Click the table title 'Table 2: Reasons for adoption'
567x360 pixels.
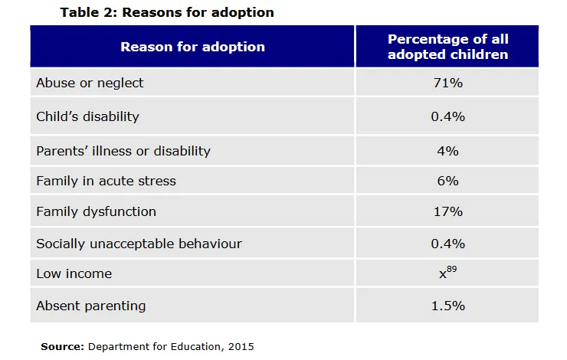[166, 12]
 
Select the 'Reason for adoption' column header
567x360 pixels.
[192, 46]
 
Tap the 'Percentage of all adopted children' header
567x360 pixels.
[447, 46]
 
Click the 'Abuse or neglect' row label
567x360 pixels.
[90, 83]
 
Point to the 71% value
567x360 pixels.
[447, 83]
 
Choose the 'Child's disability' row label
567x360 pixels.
[87, 116]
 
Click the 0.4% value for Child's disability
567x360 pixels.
[447, 116]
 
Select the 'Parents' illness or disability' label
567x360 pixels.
[123, 151]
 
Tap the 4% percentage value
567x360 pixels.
[447, 151]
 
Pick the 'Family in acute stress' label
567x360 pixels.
[106, 182]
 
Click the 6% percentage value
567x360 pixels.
[447, 182]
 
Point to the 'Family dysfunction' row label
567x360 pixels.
[96, 211]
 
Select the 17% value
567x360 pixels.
[447, 211]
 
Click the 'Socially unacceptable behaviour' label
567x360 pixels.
[139, 244]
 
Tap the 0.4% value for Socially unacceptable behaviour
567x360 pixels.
[447, 244]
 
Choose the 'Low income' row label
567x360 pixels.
[74, 273]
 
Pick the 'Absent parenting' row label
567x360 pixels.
[90, 306]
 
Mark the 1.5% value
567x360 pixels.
[447, 306]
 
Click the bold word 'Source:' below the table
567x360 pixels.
[62, 346]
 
